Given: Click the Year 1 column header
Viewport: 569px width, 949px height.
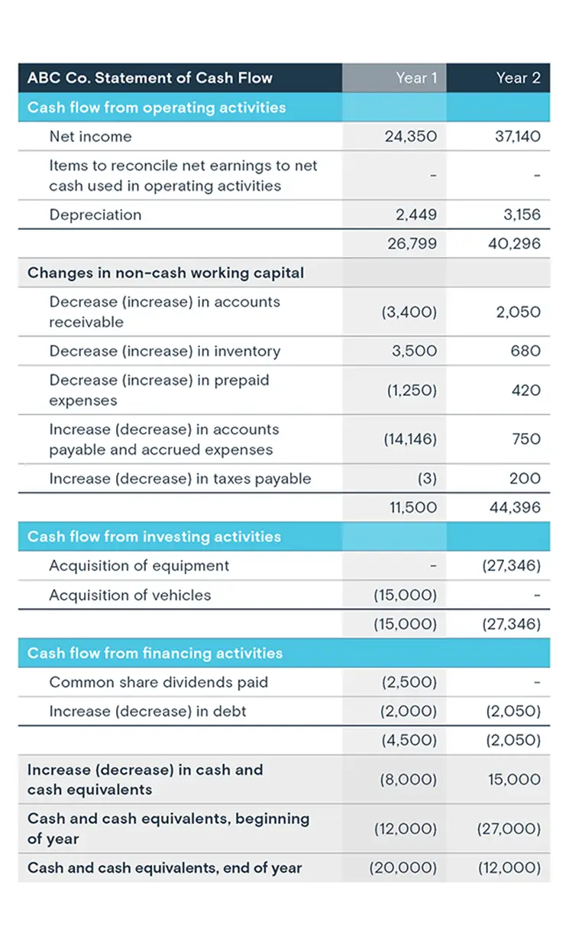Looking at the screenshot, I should (x=416, y=78).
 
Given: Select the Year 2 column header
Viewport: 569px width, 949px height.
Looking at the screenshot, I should (x=518, y=78).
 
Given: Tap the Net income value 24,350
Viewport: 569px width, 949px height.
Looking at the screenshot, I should (x=412, y=137).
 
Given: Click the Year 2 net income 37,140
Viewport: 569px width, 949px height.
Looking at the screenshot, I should (x=517, y=137).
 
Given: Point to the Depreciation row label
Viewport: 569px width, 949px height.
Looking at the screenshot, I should (x=95, y=215).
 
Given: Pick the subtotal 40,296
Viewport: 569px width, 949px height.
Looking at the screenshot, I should (x=515, y=244).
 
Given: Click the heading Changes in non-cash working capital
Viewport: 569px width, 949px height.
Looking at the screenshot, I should (x=166, y=273).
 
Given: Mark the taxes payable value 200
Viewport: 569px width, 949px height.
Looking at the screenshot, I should (x=525, y=479).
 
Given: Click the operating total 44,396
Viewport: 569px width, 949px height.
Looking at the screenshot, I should (x=515, y=507).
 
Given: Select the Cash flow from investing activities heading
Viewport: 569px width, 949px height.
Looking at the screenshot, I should (x=154, y=536).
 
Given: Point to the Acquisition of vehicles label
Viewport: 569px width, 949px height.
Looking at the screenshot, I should (x=130, y=595).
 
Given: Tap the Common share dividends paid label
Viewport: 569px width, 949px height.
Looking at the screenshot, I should (x=159, y=682).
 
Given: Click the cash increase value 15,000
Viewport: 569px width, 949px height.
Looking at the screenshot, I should (x=514, y=780).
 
